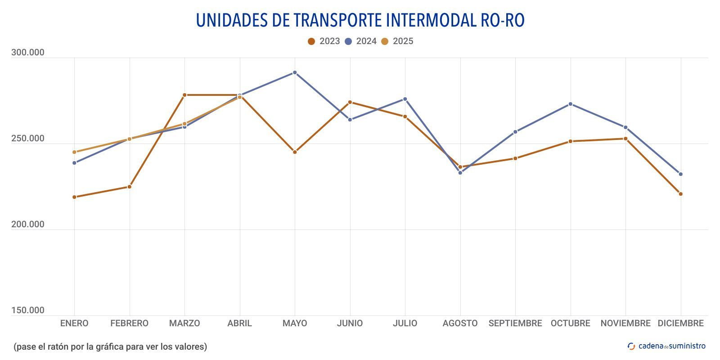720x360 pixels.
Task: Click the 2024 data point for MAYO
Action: coord(295,72)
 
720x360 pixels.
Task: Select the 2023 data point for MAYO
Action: coord(295,152)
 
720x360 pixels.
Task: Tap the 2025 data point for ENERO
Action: coord(74,152)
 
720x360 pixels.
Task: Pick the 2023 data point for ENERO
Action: coord(74,197)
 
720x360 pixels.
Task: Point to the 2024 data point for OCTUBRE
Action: coord(570,104)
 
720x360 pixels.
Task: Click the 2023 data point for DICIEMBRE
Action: coord(680,194)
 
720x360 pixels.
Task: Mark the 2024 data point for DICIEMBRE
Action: coord(680,174)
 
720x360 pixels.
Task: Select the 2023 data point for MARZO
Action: coord(184,95)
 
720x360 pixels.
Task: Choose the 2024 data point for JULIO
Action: coord(405,99)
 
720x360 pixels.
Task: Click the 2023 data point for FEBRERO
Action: coord(130,187)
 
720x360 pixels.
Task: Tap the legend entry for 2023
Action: coord(324,41)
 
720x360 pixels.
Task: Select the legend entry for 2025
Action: coord(397,41)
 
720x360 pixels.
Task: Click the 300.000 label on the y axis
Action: coord(28,53)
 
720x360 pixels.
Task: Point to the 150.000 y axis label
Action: coord(28,310)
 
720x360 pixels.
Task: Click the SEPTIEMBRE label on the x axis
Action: coord(515,324)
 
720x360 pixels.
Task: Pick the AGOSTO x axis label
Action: coord(460,324)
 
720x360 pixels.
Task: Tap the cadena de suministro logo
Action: coord(666,346)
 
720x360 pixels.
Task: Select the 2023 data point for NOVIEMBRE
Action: coord(625,139)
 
